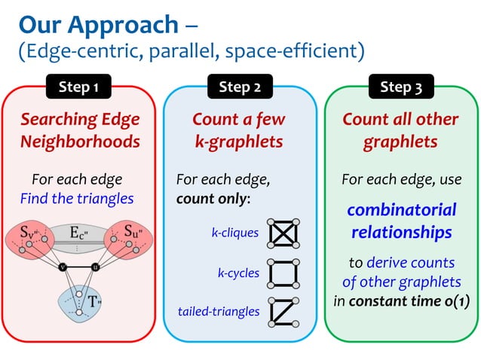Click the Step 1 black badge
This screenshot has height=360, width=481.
click(79, 87)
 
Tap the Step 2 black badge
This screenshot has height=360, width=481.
click(240, 87)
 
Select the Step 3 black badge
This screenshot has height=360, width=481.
click(400, 87)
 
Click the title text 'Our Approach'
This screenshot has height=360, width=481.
click(98, 24)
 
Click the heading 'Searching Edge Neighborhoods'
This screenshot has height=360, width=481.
click(80, 130)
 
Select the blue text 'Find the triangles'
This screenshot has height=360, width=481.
click(77, 199)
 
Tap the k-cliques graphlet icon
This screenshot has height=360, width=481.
click(283, 233)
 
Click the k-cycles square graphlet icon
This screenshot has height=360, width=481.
click(283, 273)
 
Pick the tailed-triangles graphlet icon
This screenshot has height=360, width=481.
click(283, 312)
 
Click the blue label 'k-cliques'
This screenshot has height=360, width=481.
click(234, 233)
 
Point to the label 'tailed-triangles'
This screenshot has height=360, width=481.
click(219, 311)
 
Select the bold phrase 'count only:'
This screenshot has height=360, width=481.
click(213, 200)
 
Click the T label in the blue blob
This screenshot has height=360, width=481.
click(93, 301)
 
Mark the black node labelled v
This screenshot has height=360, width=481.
click(63, 266)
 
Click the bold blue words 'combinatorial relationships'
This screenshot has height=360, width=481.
click(401, 221)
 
